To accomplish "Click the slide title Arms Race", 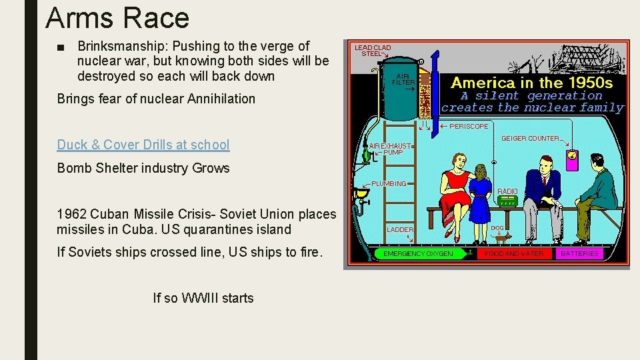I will pos(117,18).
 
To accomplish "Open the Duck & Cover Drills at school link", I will pos(143,145).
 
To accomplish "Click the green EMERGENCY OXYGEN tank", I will pos(419,253).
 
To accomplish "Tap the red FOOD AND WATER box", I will pos(514,253).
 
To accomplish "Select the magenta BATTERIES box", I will pos(580,253).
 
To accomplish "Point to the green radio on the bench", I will pos(507,200).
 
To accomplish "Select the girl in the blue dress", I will pos(479,200).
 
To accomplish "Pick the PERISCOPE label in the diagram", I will pos(469,126).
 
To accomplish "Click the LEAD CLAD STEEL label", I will pos(373,51).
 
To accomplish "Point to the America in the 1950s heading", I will pos(531,83).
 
